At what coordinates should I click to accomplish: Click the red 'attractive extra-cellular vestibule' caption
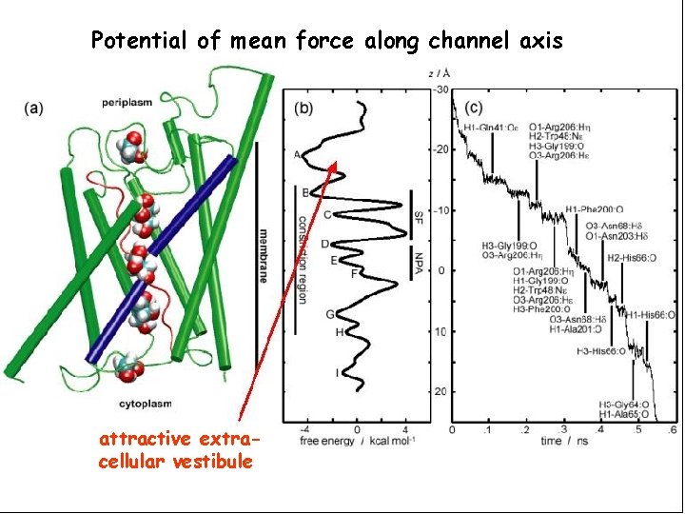tap(177, 450)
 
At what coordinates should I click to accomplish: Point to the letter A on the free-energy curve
tap(297, 155)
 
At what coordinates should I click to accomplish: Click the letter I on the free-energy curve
tap(337, 372)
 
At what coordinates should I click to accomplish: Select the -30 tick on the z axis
tap(440, 89)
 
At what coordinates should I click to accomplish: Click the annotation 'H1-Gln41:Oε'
tap(492, 128)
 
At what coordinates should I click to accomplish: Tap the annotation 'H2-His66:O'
tap(628, 257)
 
